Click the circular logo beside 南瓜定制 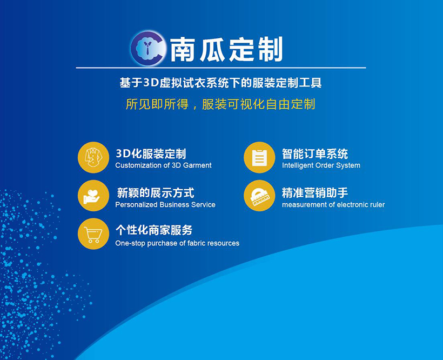point(147,48)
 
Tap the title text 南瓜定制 point(226,49)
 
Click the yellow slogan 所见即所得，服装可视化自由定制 point(220,104)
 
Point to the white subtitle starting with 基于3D point(220,83)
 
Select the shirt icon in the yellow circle point(93,157)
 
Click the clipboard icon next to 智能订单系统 point(259,157)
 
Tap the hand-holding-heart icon point(92,196)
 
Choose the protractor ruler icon point(260,196)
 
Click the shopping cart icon point(93,235)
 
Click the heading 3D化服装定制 point(151,154)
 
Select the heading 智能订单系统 point(315,154)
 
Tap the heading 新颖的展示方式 point(156,193)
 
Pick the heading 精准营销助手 point(315,193)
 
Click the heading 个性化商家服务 point(154,230)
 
